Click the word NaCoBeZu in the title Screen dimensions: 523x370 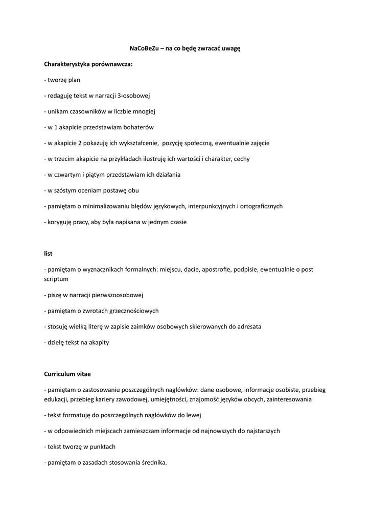(x=145, y=48)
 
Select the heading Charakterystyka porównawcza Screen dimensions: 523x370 (x=88, y=64)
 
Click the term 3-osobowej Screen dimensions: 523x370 (x=133, y=96)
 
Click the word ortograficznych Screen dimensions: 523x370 (x=260, y=206)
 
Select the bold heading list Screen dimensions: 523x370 (x=48, y=253)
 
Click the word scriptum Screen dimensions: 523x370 (x=56, y=279)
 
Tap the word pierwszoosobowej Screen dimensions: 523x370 (x=119, y=295)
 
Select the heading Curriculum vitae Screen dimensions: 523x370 (x=67, y=374)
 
